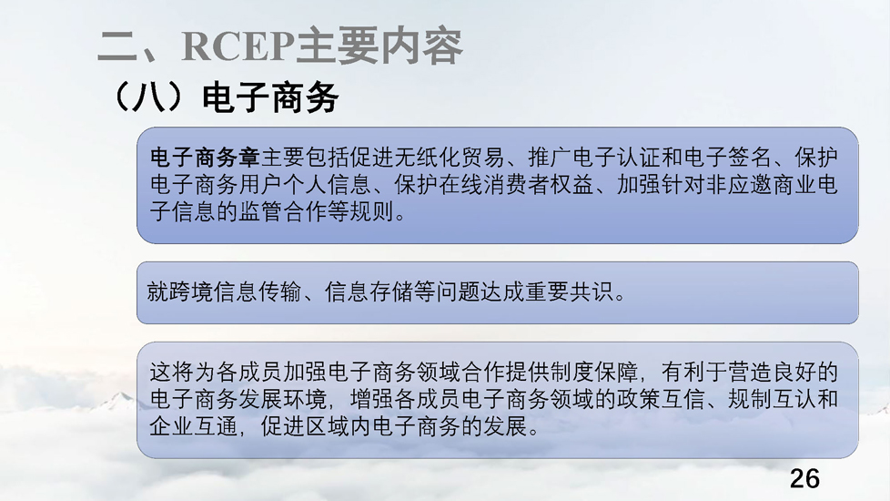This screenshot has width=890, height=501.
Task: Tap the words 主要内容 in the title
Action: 379,46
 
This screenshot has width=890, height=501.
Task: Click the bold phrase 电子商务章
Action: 205,158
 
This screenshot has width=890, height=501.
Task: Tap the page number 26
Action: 804,479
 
